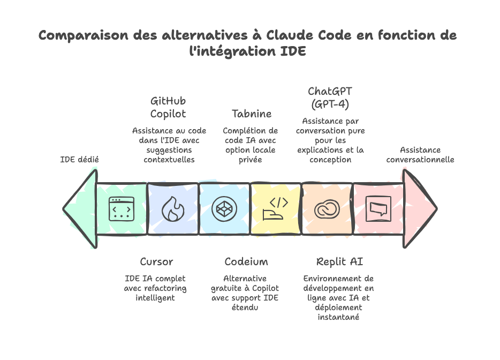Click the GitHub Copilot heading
click(x=168, y=107)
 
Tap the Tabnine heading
click(x=251, y=114)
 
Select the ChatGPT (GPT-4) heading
click(x=330, y=97)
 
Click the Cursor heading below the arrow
click(x=156, y=261)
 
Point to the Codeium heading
click(x=246, y=261)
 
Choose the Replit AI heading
click(x=339, y=261)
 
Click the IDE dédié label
click(x=79, y=159)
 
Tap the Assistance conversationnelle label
click(x=420, y=155)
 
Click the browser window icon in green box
click(x=121, y=209)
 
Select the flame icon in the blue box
click(x=172, y=209)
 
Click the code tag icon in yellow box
click(x=276, y=209)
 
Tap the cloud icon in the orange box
click(x=327, y=209)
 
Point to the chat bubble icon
click(x=377, y=209)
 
